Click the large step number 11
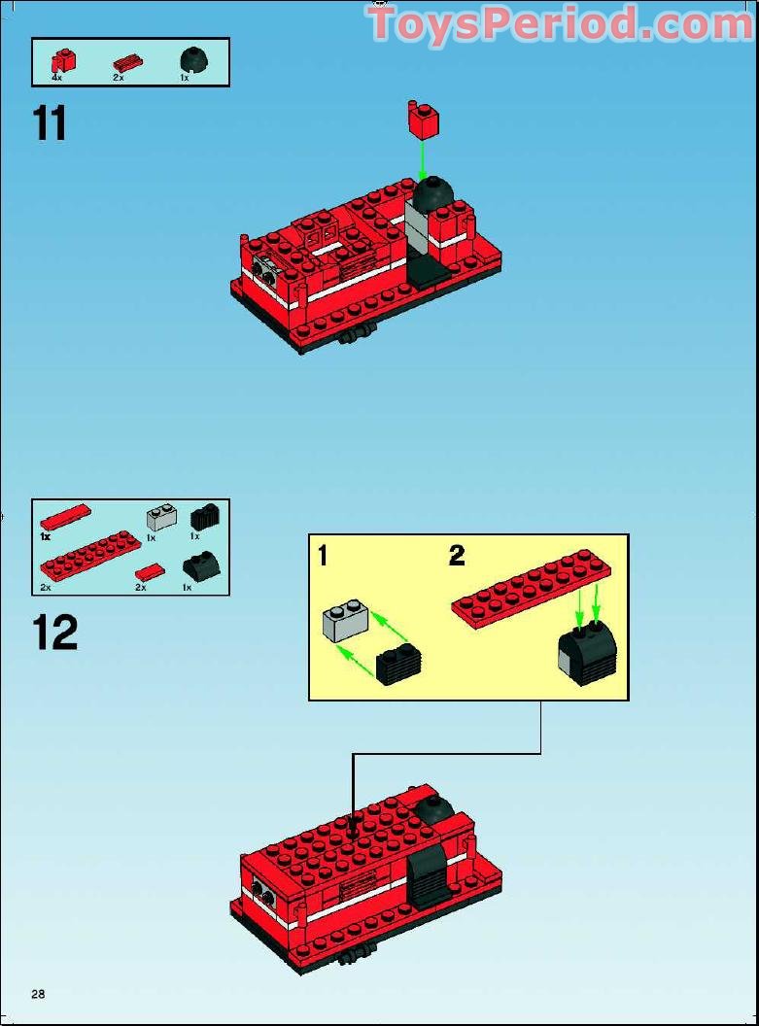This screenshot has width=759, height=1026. (x=51, y=123)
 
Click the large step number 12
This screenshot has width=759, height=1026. (x=54, y=633)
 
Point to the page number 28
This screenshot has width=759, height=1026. (x=38, y=994)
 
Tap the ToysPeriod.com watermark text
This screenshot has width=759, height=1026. (x=561, y=24)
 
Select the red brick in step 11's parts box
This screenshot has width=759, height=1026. (x=62, y=60)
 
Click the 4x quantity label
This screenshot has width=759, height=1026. (x=57, y=78)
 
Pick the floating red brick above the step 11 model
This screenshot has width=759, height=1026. (x=423, y=120)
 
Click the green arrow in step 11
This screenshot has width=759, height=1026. (x=423, y=157)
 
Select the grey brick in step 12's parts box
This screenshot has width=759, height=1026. (x=161, y=516)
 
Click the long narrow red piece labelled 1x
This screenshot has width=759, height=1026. (x=65, y=516)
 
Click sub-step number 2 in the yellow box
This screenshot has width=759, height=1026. (x=457, y=556)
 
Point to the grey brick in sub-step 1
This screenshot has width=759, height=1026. (x=345, y=620)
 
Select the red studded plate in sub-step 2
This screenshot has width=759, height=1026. (x=526, y=589)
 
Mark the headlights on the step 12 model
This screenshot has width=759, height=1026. (x=260, y=891)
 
